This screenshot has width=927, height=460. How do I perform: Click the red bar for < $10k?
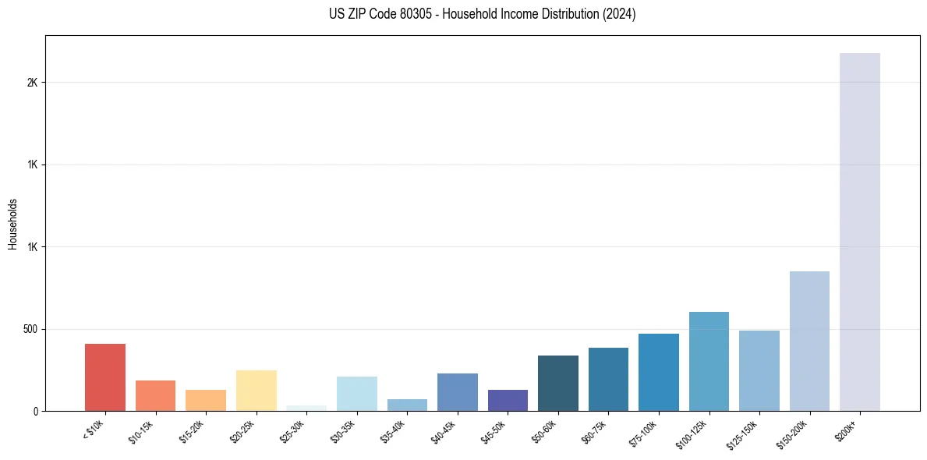(x=105, y=377)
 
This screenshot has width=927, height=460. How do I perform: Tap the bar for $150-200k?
(x=809, y=341)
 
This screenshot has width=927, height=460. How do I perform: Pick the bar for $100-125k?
(x=709, y=361)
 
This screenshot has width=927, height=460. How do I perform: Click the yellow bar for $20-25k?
(x=257, y=391)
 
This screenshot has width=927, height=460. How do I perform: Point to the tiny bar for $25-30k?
(x=306, y=408)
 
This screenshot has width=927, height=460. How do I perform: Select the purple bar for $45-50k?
(x=508, y=400)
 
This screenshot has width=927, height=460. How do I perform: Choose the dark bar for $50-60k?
(x=558, y=383)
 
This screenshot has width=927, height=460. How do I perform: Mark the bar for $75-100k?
(x=659, y=372)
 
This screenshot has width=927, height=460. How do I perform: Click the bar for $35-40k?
(x=407, y=405)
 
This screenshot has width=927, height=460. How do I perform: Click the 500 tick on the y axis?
(x=30, y=329)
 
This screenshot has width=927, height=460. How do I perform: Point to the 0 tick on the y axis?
(x=36, y=411)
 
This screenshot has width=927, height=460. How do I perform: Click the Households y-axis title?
(x=12, y=223)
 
